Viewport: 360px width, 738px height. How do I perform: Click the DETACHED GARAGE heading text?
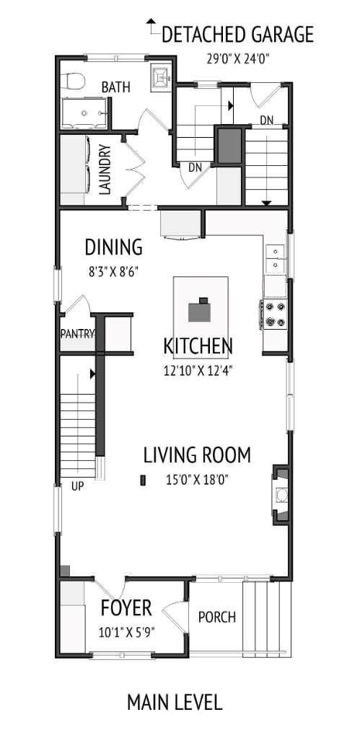click(237, 34)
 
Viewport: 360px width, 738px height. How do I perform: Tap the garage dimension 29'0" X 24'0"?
click(237, 58)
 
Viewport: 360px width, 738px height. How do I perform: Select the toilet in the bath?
click(73, 81)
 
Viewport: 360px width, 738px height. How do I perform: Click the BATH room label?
click(115, 87)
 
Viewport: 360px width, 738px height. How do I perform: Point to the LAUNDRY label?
click(104, 170)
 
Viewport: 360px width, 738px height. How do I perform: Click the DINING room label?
click(113, 247)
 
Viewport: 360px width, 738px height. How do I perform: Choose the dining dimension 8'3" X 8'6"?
click(112, 273)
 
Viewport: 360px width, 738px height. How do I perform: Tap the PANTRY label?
click(78, 333)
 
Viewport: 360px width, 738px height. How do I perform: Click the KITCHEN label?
click(198, 347)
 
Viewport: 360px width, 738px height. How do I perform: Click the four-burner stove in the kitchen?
click(275, 314)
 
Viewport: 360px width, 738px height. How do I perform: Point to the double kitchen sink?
click(275, 259)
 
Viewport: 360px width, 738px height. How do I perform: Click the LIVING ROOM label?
click(197, 455)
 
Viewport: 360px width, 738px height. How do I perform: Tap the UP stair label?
click(77, 486)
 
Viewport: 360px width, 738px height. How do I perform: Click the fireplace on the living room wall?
click(281, 494)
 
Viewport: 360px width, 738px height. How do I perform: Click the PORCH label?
click(216, 618)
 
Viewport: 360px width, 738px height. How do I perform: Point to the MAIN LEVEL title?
click(175, 701)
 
